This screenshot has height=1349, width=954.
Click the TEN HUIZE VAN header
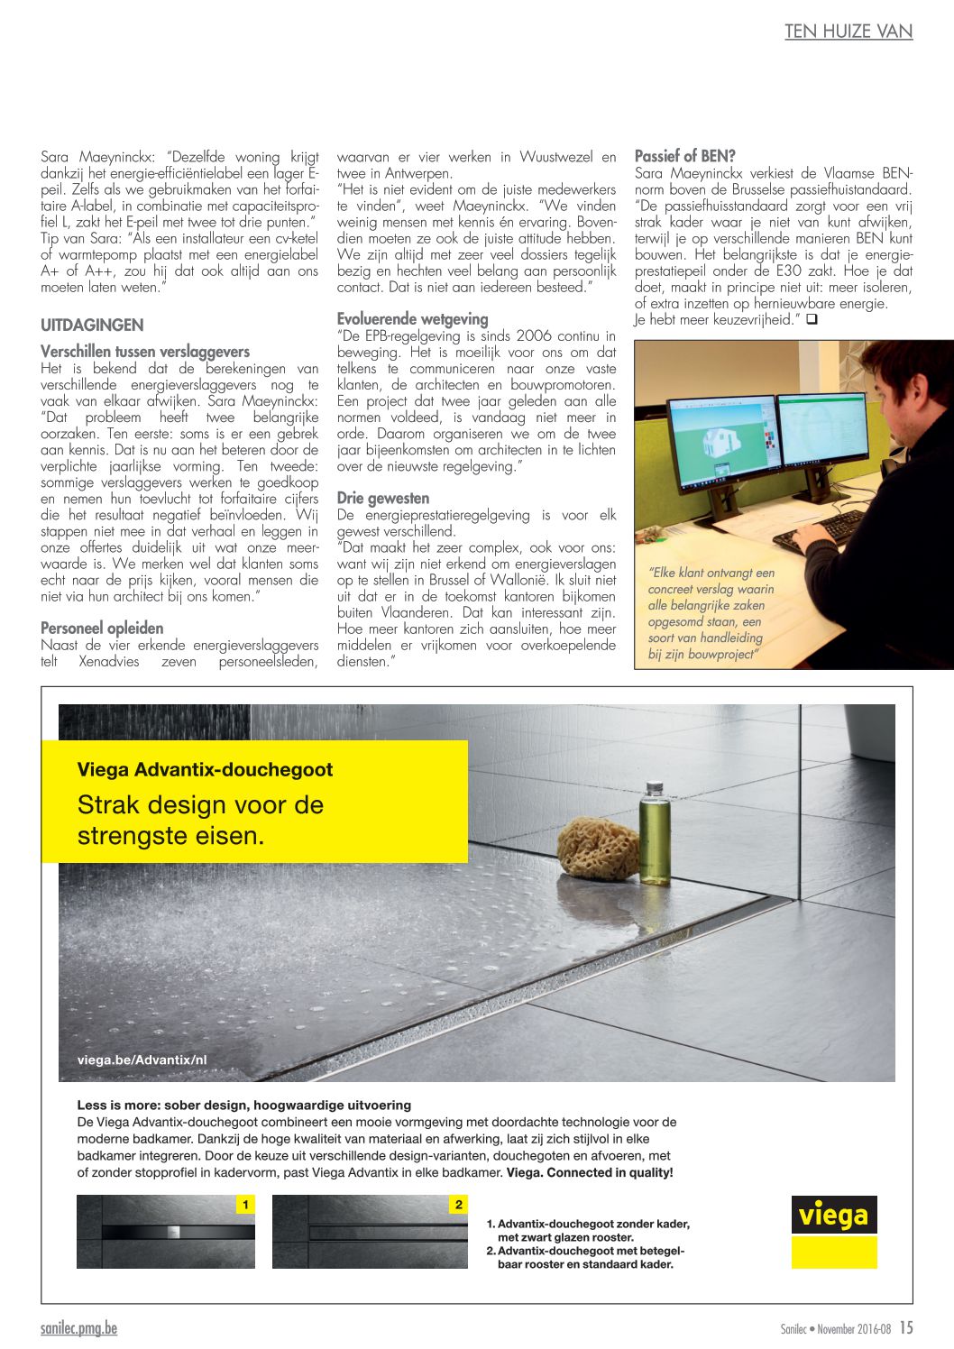(x=848, y=32)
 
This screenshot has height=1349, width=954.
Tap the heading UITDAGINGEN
(x=92, y=325)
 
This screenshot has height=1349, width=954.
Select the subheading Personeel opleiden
(x=102, y=628)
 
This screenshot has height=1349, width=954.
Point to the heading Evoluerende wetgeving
(x=412, y=318)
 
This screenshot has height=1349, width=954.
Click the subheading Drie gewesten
(x=383, y=498)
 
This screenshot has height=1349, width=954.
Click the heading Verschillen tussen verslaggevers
(x=145, y=352)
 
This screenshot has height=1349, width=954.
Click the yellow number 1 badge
(x=245, y=1205)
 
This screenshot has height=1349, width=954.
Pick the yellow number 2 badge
(x=458, y=1205)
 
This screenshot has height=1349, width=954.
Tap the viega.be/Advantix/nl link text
(x=142, y=1060)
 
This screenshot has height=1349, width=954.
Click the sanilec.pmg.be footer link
(x=78, y=1328)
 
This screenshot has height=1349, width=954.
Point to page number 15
(x=905, y=1327)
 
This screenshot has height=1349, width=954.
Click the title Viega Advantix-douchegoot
(x=205, y=769)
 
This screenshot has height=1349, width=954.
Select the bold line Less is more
(x=243, y=1105)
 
